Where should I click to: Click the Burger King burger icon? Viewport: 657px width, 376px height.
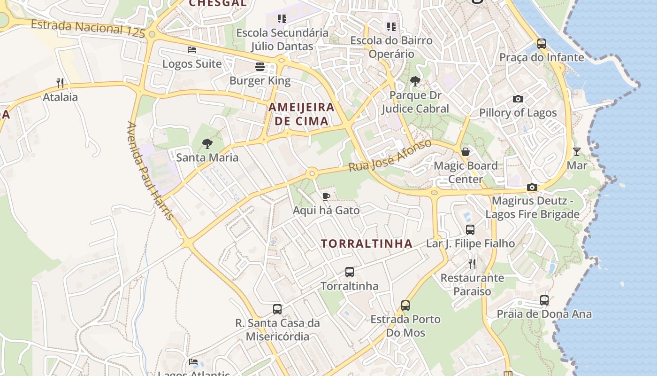[x=260, y=67]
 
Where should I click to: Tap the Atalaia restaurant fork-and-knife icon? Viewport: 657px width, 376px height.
[x=60, y=83]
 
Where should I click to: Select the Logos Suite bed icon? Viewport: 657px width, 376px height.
[x=191, y=49]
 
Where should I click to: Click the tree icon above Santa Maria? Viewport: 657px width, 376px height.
[x=207, y=144]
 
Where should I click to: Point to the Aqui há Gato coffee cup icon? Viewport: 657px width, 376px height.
[x=326, y=196]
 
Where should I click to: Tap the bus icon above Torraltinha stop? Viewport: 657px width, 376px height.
[x=350, y=272]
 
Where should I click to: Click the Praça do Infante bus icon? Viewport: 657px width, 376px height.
[x=542, y=44]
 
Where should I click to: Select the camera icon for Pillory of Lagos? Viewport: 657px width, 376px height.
[x=518, y=99]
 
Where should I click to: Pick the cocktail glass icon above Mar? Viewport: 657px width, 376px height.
[x=577, y=152]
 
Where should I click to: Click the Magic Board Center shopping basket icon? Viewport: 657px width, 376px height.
[x=466, y=152]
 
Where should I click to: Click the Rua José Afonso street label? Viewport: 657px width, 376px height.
[x=390, y=156]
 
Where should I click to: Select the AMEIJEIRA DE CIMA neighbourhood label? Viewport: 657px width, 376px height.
[x=301, y=114]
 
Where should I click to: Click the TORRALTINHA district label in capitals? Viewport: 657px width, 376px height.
[x=367, y=243]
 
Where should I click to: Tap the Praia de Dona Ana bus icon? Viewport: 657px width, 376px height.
[x=544, y=300]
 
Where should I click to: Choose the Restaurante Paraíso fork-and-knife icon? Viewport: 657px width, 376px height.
[x=472, y=264]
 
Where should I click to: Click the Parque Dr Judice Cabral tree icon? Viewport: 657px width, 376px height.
[x=415, y=81]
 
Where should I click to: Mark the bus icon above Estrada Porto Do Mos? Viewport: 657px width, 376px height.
[x=405, y=305]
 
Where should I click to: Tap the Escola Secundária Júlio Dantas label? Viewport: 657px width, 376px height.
[x=282, y=39]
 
